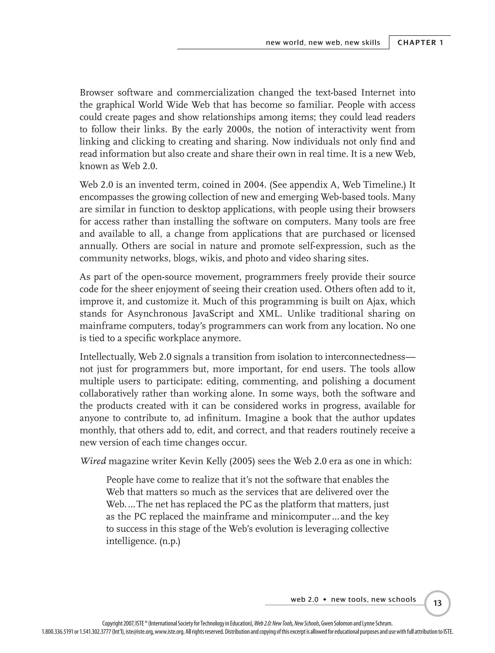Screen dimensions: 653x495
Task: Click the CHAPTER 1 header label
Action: pyautogui.click(x=420, y=42)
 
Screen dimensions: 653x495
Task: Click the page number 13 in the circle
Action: pyautogui.click(x=437, y=603)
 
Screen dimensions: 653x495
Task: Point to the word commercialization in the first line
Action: pyautogui.click(x=215, y=93)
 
